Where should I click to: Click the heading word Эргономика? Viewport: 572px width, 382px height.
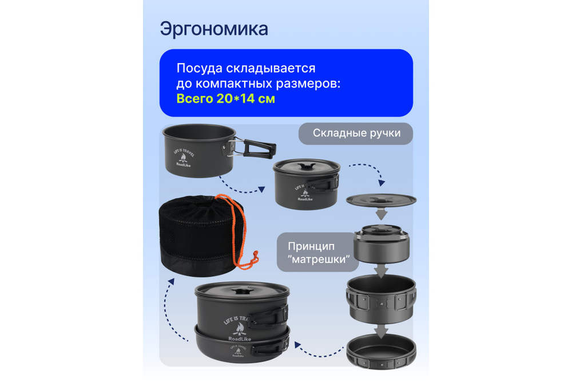point(214,29)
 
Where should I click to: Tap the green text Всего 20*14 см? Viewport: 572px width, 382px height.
point(225,99)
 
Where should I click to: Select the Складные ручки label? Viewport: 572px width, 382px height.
point(355,133)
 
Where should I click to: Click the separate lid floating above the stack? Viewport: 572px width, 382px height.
point(381,200)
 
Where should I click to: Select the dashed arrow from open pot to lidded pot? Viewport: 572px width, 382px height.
point(244,187)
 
